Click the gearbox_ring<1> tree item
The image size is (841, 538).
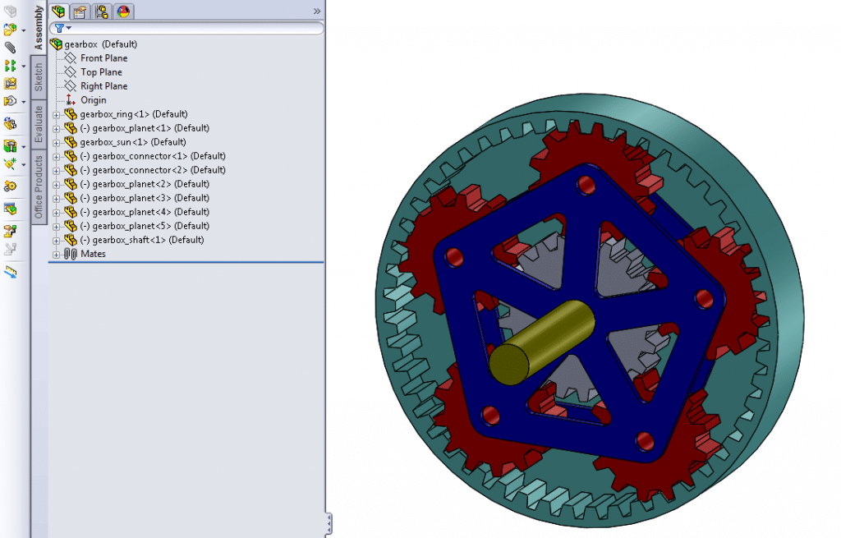(x=134, y=114)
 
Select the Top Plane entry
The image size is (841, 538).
(x=101, y=72)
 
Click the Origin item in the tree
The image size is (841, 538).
(x=93, y=100)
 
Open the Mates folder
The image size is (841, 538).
(x=93, y=254)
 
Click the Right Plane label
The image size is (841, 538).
(x=103, y=86)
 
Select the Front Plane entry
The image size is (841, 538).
(x=103, y=58)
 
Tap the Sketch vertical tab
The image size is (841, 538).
(x=39, y=78)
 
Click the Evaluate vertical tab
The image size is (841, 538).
(x=39, y=124)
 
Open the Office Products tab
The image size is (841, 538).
(x=39, y=188)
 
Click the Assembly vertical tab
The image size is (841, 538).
(x=39, y=27)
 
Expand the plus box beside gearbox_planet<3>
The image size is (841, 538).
(x=57, y=198)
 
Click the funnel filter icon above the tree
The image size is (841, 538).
(x=59, y=28)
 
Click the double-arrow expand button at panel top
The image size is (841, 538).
(x=317, y=11)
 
